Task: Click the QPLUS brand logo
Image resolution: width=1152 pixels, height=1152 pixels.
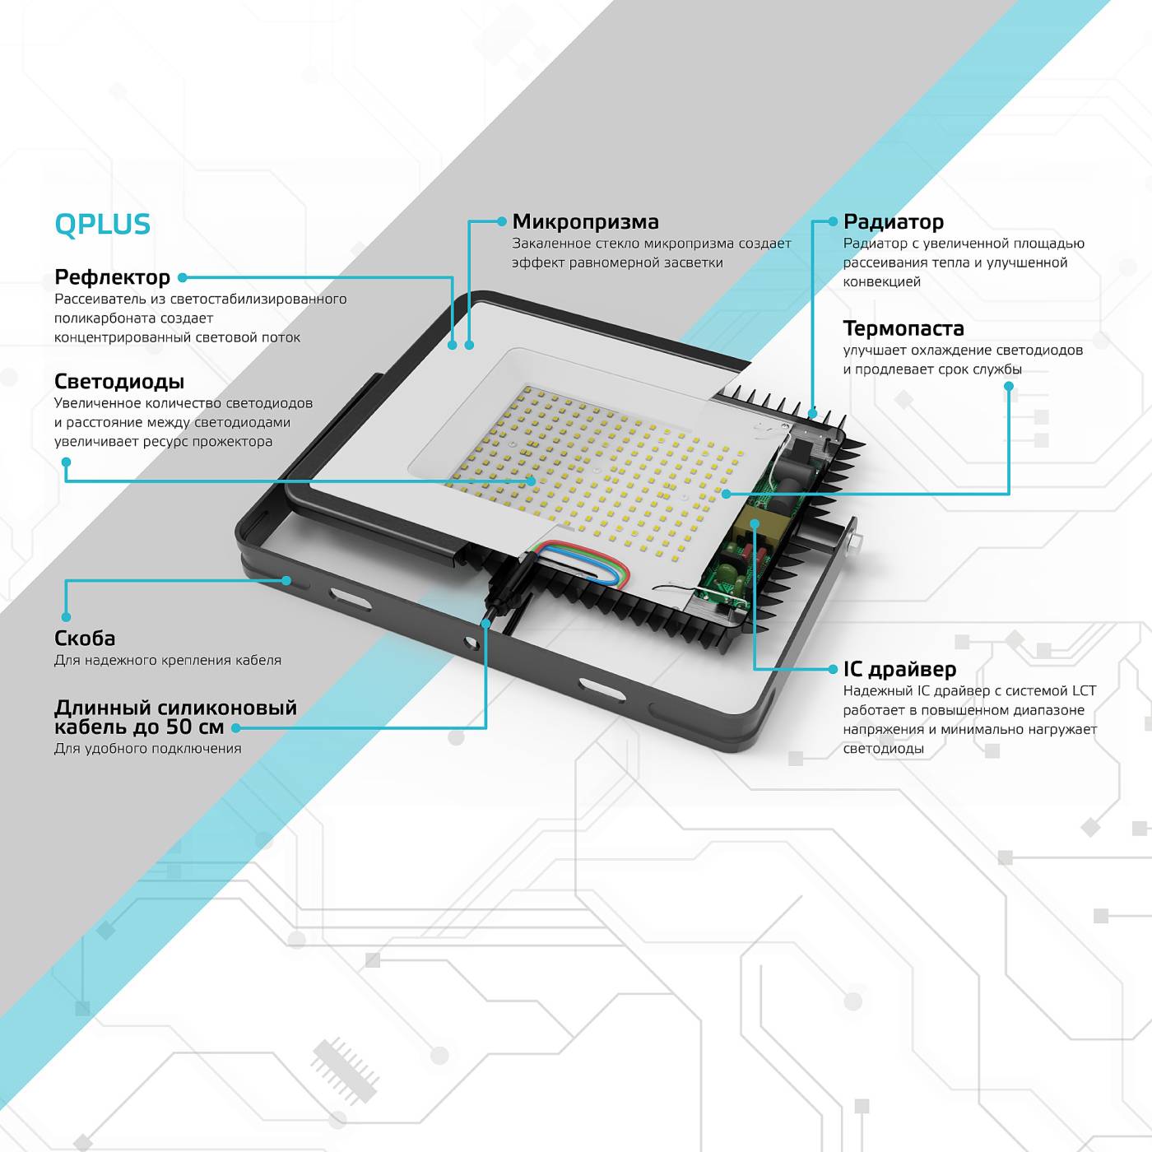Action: tap(103, 225)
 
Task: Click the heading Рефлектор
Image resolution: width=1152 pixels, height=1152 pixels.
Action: tap(112, 277)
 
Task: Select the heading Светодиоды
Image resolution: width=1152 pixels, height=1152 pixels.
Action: tap(119, 382)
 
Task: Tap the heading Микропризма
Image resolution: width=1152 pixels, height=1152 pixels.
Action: tap(585, 222)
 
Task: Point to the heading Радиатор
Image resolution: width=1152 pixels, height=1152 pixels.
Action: tap(894, 222)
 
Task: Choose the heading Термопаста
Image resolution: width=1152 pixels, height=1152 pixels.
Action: tap(903, 329)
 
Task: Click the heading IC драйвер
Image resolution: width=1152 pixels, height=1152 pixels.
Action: tap(899, 670)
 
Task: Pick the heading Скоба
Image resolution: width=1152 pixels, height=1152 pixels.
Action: tap(85, 639)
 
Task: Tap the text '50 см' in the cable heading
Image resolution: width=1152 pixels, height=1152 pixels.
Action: tap(195, 727)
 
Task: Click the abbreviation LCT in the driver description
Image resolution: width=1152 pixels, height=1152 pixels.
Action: tap(1084, 691)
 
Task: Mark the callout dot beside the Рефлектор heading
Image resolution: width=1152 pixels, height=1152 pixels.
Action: tap(183, 278)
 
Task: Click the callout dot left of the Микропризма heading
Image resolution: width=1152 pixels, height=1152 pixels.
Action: tap(502, 221)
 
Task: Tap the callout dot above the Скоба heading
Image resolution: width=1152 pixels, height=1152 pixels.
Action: tap(66, 617)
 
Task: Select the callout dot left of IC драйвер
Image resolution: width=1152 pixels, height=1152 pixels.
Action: tap(833, 670)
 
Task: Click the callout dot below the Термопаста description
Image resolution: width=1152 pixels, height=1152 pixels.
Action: tap(1009, 386)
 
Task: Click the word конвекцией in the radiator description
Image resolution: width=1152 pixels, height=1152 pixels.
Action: tap(881, 282)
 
